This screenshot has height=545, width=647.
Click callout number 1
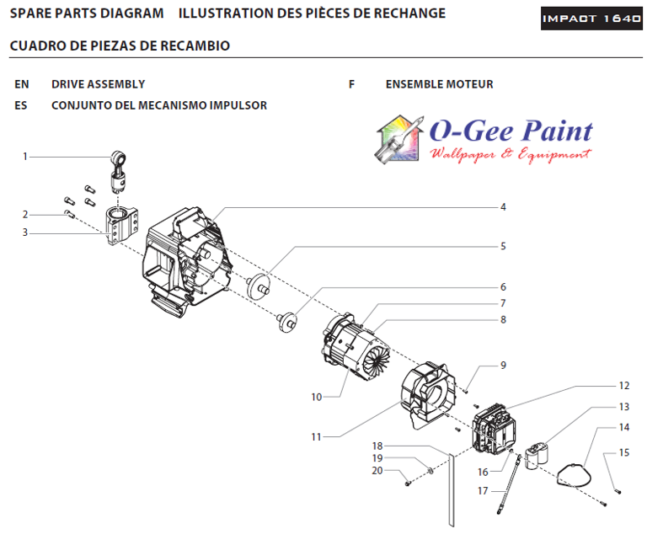[25, 156]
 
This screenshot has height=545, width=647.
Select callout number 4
[503, 206]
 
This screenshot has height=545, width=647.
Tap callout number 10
[316, 397]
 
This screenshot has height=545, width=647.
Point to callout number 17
[483, 489]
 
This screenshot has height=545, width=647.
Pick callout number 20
[377, 470]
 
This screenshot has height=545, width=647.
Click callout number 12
[624, 386]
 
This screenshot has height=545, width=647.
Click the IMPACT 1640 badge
[591, 18]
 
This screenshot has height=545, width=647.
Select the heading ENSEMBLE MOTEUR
[439, 84]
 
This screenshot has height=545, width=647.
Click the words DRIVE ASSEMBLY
[98, 84]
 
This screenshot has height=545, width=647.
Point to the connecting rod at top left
[120, 171]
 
